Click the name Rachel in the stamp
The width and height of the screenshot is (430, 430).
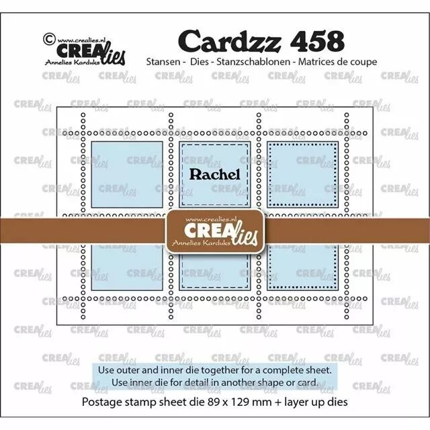click(x=215, y=175)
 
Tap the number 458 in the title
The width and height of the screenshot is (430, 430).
click(x=316, y=41)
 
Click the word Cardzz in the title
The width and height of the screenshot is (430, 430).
click(x=230, y=41)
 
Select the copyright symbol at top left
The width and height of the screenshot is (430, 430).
click(x=49, y=39)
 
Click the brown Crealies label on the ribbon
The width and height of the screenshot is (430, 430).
click(x=215, y=232)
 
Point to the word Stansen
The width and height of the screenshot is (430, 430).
click(x=163, y=62)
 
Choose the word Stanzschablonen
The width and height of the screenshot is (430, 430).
click(x=253, y=62)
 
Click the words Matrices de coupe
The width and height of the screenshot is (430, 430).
click(x=337, y=62)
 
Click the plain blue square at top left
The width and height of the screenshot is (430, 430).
click(x=127, y=175)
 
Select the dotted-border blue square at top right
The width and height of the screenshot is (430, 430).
click(x=303, y=175)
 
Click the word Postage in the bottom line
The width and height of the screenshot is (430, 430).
click(x=100, y=402)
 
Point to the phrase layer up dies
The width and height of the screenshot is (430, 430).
click(x=316, y=402)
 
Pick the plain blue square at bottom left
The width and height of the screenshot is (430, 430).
click(x=127, y=267)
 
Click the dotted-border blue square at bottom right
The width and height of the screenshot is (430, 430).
click(x=303, y=267)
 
